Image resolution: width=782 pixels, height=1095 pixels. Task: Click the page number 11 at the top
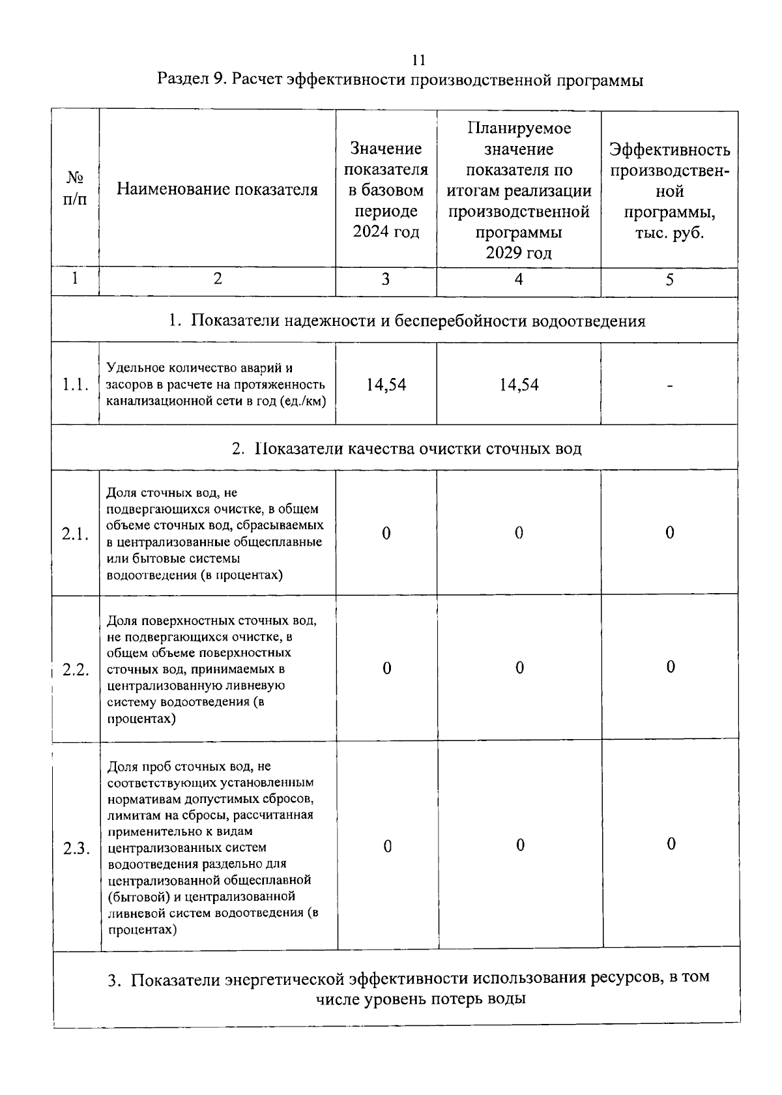[419, 60]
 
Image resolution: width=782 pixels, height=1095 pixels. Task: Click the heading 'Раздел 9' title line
[400, 80]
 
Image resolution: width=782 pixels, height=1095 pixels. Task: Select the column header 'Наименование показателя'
[218, 190]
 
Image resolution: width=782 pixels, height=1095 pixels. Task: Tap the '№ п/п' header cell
[75, 188]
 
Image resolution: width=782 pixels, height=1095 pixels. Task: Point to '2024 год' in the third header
[386, 232]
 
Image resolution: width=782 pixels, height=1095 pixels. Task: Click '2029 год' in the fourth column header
[519, 253]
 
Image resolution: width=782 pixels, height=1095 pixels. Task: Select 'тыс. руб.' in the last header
[669, 233]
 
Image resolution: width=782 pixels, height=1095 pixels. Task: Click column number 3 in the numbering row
[386, 280]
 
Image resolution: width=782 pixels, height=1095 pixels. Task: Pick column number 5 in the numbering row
[669, 280]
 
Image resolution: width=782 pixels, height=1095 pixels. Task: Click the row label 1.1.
[75, 385]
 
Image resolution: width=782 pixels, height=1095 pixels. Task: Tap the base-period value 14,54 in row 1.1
[386, 385]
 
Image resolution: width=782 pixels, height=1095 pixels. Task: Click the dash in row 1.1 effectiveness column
[669, 386]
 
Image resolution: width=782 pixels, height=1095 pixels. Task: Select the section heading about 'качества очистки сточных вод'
[407, 448]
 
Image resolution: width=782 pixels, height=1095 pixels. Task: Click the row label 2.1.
[75, 534]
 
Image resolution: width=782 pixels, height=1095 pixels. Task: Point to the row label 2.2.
[76, 669]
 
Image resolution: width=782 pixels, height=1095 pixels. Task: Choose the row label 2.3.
[76, 848]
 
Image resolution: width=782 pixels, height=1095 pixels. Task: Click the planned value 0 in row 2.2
[519, 668]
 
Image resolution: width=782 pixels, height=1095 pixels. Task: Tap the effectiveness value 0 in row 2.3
[671, 844]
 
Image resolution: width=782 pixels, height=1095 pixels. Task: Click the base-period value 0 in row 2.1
[386, 533]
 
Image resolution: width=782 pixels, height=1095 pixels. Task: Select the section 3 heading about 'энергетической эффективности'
[409, 988]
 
